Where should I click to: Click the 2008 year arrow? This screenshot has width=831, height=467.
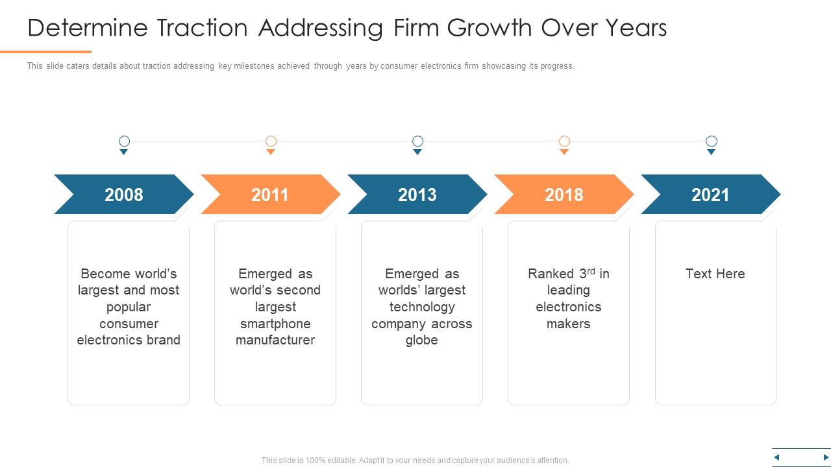(x=123, y=195)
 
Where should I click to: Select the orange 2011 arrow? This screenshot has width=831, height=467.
(x=270, y=195)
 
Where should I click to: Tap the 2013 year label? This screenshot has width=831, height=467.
(x=417, y=195)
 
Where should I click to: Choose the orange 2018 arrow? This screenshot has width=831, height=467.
(x=564, y=195)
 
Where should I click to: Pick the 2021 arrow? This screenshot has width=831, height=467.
(x=710, y=195)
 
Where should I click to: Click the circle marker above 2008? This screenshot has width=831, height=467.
(x=124, y=141)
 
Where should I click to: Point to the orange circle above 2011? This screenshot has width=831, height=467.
(x=271, y=141)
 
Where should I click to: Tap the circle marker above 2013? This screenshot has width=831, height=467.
(x=418, y=141)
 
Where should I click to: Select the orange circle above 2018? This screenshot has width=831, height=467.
(x=565, y=141)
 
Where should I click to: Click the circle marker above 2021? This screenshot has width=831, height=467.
(x=712, y=141)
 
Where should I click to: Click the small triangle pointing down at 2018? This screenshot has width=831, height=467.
(x=564, y=152)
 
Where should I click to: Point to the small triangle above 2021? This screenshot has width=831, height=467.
(x=711, y=152)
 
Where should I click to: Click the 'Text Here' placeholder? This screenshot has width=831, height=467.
(x=715, y=274)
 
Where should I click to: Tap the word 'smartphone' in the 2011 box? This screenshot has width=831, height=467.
(x=275, y=324)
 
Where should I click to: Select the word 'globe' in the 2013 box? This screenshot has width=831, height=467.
(x=421, y=341)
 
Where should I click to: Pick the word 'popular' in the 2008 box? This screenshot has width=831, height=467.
(x=129, y=307)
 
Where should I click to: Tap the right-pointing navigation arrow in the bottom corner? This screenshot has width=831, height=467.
(x=826, y=458)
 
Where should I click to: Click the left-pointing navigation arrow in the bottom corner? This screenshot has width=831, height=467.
(x=776, y=458)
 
